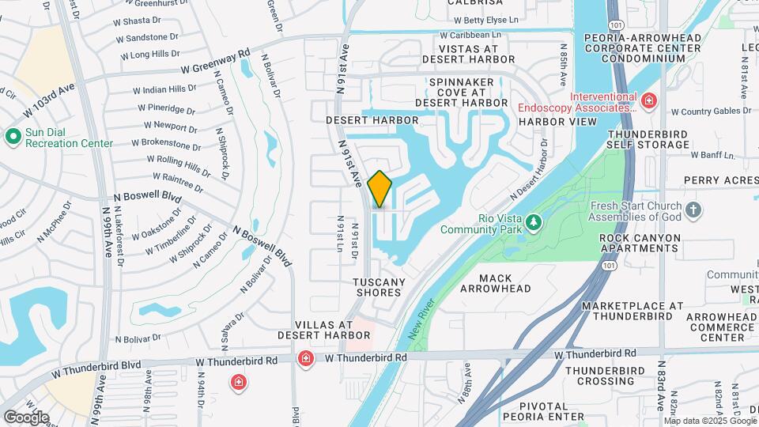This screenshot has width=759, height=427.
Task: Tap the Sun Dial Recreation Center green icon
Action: [x=13, y=137]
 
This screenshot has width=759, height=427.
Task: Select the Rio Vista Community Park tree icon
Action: [x=535, y=222]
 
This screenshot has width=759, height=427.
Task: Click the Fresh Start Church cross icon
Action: [x=693, y=210]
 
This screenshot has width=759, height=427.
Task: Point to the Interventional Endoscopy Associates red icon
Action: [x=649, y=101]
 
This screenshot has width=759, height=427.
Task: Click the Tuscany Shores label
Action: [x=379, y=287]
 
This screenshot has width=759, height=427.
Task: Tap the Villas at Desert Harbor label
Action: [x=323, y=330]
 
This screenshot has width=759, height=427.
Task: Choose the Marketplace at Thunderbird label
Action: [x=632, y=311]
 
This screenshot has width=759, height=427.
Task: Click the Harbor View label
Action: [x=558, y=122]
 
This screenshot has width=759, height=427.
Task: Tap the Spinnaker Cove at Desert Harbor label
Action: [x=462, y=92]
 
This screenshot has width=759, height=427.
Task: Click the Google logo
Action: [x=26, y=417]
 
